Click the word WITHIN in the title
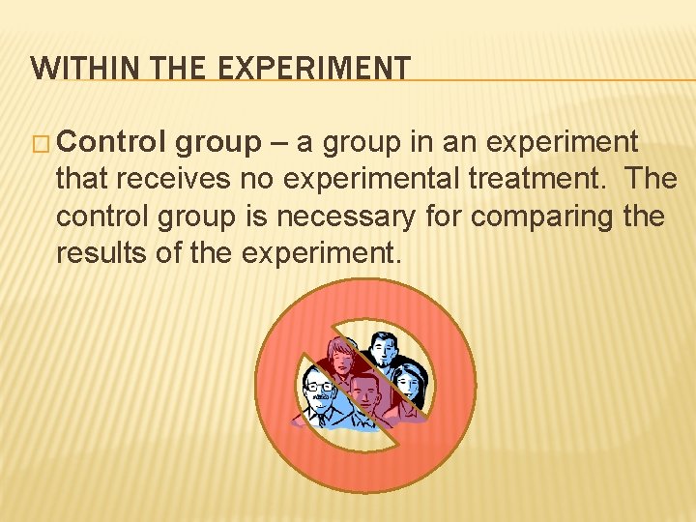pyautogui.click(x=73, y=68)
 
